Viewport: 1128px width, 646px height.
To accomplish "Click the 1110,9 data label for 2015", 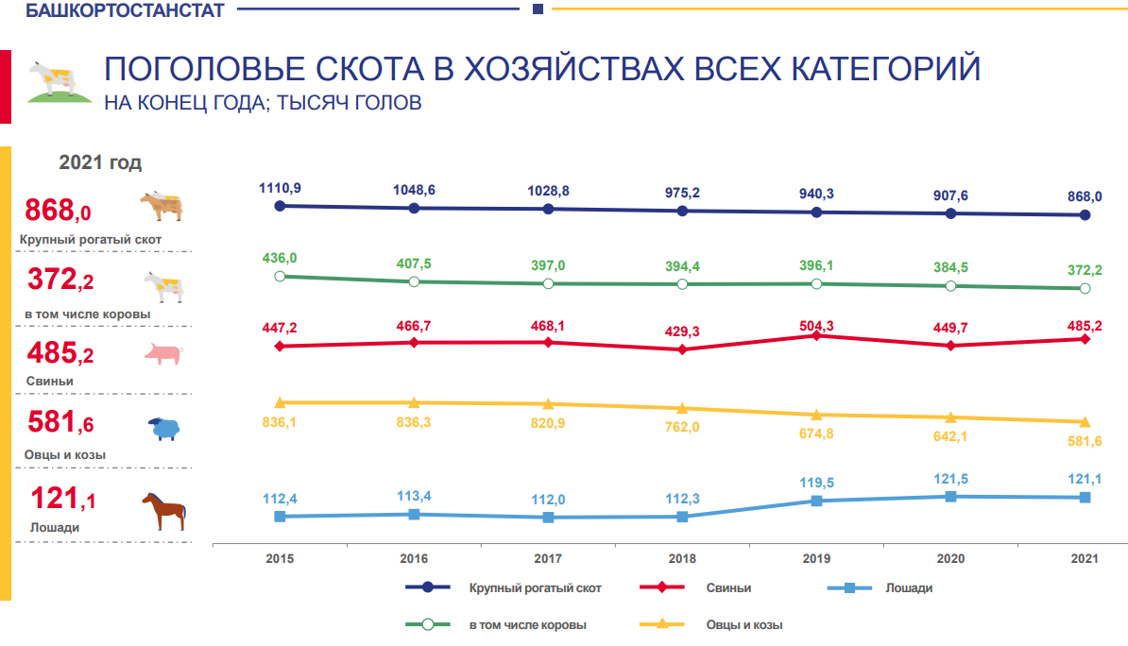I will [280, 189].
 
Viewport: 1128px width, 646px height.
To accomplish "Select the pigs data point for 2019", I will [816, 335].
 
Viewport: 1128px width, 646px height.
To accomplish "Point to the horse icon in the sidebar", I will [163, 510].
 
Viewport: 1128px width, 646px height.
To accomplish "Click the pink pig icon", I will [162, 354].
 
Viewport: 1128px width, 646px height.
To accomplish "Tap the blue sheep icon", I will [164, 429].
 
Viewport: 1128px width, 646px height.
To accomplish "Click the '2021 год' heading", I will [100, 162].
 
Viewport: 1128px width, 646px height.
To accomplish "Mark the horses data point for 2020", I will [950, 496].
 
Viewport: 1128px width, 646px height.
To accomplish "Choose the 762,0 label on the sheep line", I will [682, 427].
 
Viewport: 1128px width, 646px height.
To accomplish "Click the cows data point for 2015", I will [280, 276].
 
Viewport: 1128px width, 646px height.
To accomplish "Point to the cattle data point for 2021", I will [1085, 215].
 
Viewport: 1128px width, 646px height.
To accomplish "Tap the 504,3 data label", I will [816, 326].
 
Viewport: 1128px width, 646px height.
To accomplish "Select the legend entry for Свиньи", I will [728, 587].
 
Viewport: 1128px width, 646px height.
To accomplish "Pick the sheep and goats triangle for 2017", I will [548, 403].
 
